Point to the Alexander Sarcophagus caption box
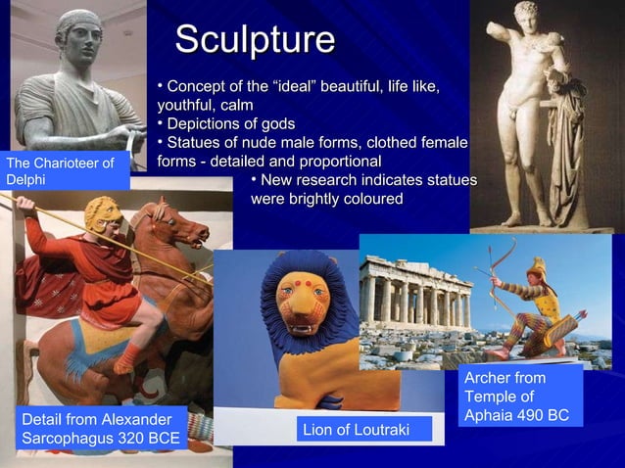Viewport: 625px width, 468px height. click(101, 429)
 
